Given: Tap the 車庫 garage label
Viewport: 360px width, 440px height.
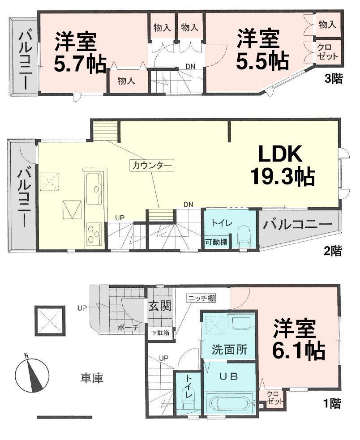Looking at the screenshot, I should pos(92,378).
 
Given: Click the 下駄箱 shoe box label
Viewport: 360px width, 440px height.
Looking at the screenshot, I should pos(159,333).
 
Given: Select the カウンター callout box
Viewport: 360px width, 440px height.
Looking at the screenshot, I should pos(152,165).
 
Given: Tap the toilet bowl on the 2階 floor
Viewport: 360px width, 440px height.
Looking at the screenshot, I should pos(244,235).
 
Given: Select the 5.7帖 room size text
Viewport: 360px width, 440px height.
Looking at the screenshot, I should pos(81,64).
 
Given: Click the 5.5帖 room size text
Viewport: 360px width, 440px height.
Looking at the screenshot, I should pos(262,61).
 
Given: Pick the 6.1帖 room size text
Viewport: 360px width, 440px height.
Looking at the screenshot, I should pos(299,352).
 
